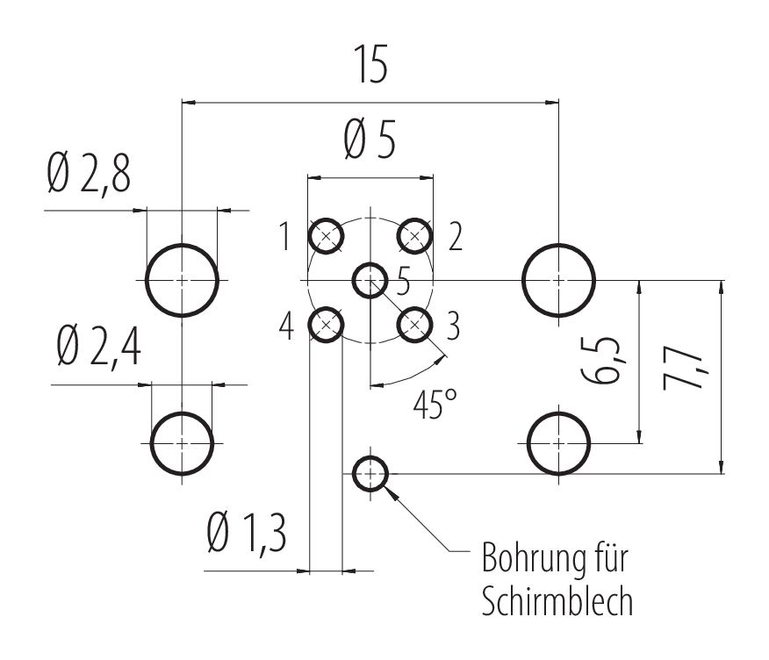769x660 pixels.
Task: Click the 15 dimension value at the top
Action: point(371,68)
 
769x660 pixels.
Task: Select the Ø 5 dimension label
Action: point(370,140)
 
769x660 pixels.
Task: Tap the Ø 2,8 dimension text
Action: point(90,176)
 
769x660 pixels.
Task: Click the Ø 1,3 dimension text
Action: point(247,533)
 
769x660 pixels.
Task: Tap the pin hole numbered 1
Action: point(327,235)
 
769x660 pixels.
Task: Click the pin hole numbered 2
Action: point(415,235)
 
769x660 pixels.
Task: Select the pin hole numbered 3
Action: point(415,325)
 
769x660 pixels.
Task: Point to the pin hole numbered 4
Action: point(327,325)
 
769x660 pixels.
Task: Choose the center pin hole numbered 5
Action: point(370,280)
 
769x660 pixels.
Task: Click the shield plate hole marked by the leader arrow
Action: point(370,475)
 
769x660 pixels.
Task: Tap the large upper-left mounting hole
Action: point(182,280)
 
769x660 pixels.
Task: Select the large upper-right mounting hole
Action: point(559,280)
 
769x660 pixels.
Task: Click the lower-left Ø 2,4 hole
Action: point(182,442)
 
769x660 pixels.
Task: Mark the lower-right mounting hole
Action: point(559,442)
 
